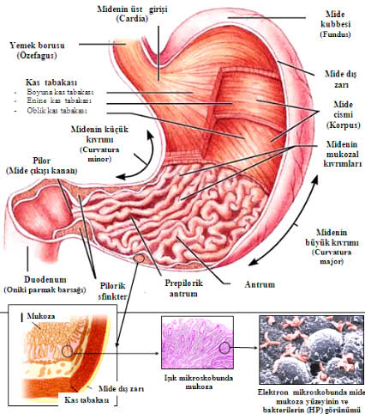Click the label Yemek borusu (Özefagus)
(x=37, y=50)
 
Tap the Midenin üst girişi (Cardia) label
(x=132, y=14)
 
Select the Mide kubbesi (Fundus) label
(x=335, y=24)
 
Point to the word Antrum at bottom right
(x=260, y=284)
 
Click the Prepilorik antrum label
(x=183, y=289)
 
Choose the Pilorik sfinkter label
(x=112, y=291)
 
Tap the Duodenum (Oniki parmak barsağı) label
(x=45, y=284)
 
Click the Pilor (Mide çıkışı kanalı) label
(x=41, y=166)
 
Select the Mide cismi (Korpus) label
(x=343, y=114)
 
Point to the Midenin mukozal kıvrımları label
(x=343, y=154)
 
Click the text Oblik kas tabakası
(x=57, y=111)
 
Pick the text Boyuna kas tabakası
(x=60, y=92)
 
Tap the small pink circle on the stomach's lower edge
(x=140, y=259)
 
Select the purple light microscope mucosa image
(x=197, y=343)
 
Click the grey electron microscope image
(x=312, y=350)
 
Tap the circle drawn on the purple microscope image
(x=224, y=348)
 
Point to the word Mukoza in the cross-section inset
(x=41, y=316)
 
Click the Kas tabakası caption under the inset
(x=87, y=399)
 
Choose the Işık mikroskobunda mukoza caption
(x=199, y=382)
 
